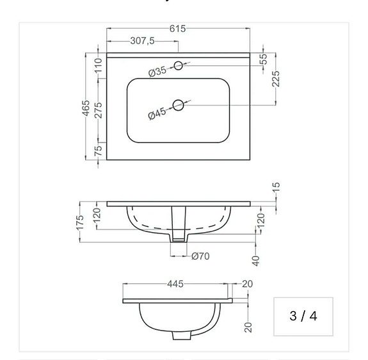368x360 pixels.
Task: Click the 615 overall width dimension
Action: pyautogui.click(x=178, y=28)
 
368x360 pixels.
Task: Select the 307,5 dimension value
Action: pyautogui.click(x=142, y=41)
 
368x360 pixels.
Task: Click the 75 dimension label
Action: pyautogui.click(x=98, y=151)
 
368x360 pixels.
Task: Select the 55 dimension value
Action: pyautogui.click(x=263, y=59)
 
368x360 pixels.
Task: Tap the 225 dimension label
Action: pyautogui.click(x=276, y=79)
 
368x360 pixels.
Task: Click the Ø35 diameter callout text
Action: pyautogui.click(x=157, y=72)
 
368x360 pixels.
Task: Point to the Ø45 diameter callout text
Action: pyautogui.click(x=157, y=114)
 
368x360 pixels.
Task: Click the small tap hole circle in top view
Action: pyautogui.click(x=179, y=65)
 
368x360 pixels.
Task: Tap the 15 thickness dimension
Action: pyautogui.click(x=276, y=188)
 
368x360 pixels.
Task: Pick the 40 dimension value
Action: pyautogui.click(x=257, y=260)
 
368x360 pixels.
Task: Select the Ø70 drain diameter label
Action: pyautogui.click(x=200, y=256)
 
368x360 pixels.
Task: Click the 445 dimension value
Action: pyautogui.click(x=176, y=284)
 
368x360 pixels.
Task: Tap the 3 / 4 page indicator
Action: pyautogui.click(x=303, y=316)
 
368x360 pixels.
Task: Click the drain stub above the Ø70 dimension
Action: pyautogui.click(x=179, y=237)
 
